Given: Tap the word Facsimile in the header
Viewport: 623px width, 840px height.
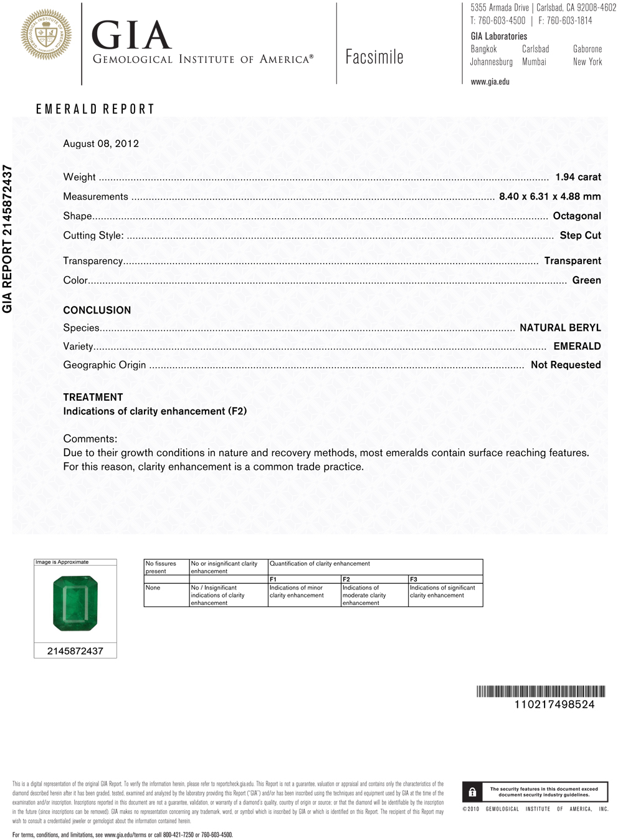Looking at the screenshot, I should point(374,57).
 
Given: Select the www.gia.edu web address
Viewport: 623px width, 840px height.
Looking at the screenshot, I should point(490,82).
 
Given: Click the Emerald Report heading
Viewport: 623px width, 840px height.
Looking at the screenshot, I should point(95,109).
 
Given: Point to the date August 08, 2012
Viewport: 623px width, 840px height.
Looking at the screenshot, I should point(101,143).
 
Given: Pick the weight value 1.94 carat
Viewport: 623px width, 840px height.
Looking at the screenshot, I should point(578,177).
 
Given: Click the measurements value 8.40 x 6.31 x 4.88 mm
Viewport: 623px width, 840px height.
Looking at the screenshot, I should point(549,196).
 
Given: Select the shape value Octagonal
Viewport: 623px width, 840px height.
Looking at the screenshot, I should point(577,216).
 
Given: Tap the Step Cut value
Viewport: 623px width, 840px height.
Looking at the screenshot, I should point(580,235).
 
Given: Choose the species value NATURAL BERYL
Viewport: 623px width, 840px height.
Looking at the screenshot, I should point(560,328).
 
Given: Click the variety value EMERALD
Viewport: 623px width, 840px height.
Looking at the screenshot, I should point(577,346).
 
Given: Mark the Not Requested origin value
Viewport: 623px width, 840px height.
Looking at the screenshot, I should point(566,365).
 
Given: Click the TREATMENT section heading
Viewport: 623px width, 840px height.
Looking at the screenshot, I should point(93,397).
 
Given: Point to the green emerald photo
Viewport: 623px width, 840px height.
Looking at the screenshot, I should point(75,603).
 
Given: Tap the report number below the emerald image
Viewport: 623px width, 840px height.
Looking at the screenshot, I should point(75,651).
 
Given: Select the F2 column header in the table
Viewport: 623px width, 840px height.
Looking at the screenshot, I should point(346,580).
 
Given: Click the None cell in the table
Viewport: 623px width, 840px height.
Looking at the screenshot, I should point(153,588).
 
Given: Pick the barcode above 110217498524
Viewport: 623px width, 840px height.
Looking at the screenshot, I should point(541,691).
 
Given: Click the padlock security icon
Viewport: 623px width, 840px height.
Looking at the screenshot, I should point(472,792).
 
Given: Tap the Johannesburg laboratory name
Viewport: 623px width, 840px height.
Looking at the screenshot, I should point(491,62).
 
